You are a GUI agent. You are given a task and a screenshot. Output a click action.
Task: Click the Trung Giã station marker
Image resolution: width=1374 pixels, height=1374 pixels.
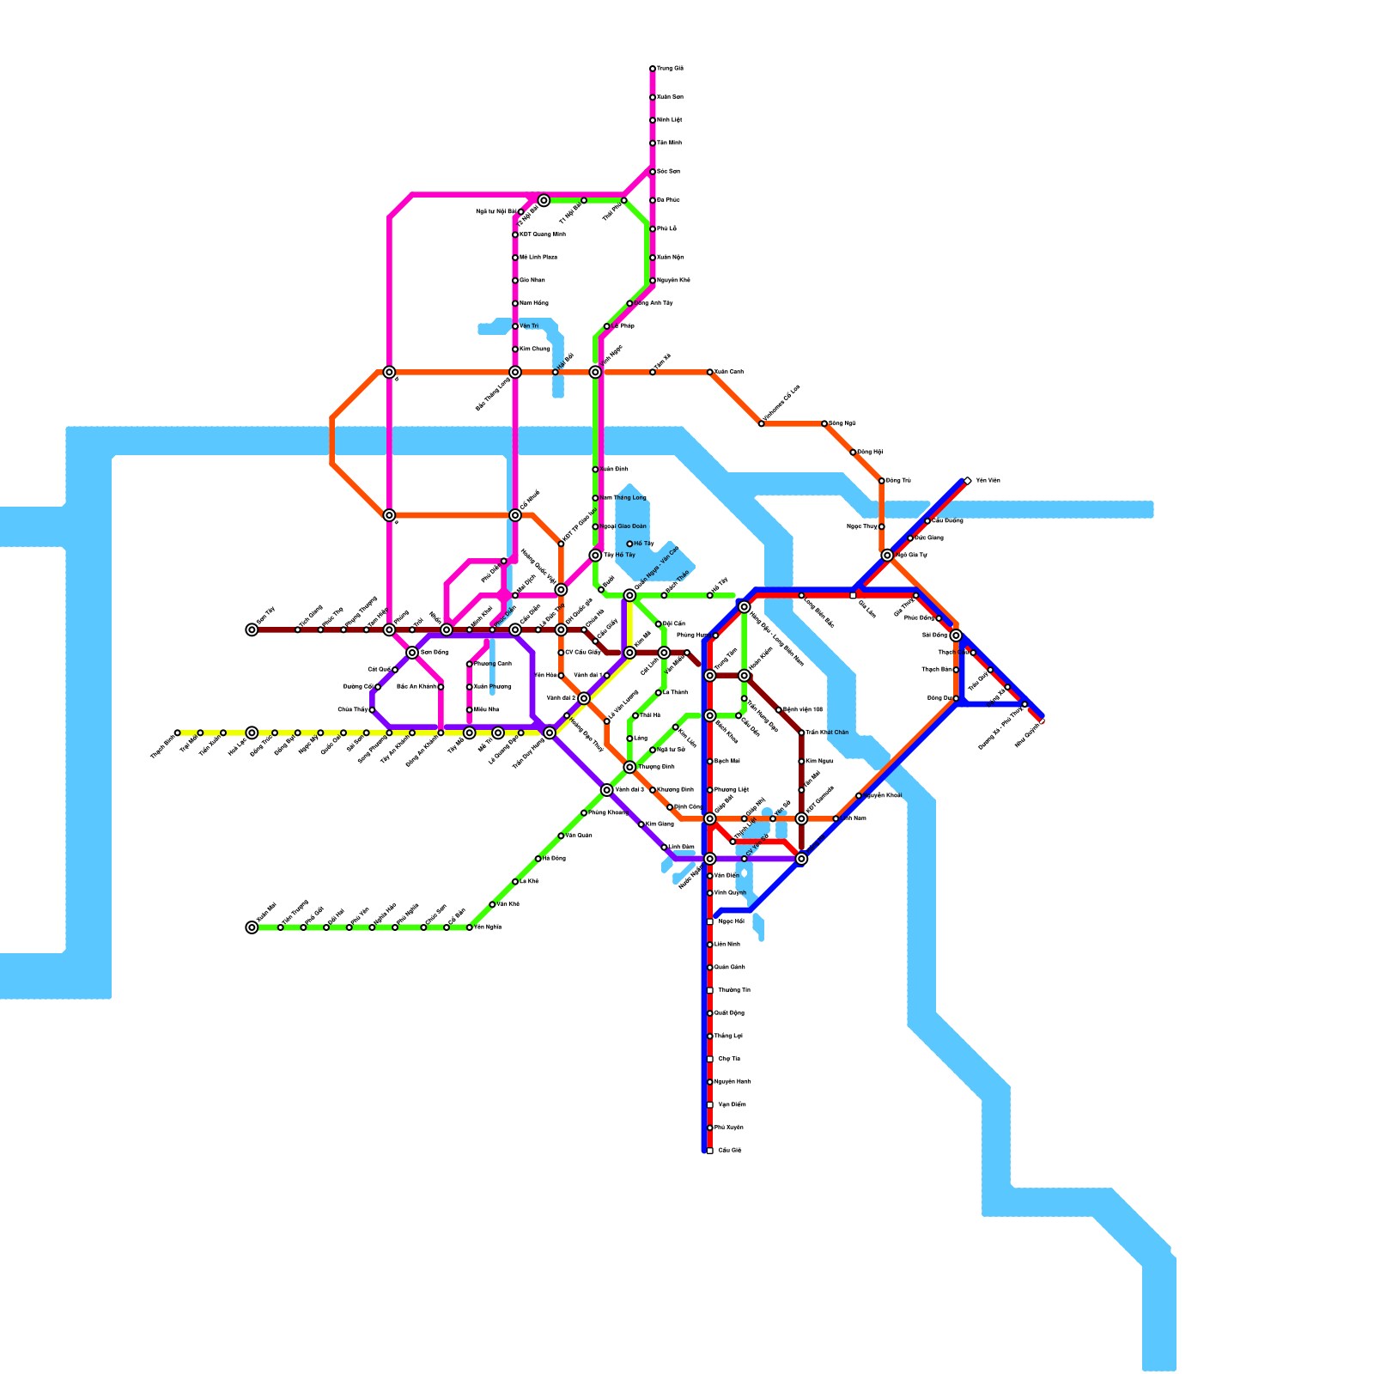click(653, 69)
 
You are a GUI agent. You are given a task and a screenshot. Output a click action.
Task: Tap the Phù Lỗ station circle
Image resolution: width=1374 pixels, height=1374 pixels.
click(653, 229)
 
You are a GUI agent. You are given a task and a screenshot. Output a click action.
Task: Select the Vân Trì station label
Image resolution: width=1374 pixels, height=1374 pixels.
click(529, 326)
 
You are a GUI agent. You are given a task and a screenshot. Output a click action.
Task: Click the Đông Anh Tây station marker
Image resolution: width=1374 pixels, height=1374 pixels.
click(629, 303)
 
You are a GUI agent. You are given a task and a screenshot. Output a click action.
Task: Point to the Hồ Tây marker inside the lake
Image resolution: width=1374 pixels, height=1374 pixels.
click(629, 544)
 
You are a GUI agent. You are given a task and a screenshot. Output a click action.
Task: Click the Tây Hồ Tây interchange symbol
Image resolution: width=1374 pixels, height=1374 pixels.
click(595, 556)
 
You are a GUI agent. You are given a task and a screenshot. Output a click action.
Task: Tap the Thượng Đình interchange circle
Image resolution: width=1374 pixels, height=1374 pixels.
click(629, 767)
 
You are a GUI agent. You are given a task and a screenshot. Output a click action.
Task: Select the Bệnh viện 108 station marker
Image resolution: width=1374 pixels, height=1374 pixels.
click(779, 710)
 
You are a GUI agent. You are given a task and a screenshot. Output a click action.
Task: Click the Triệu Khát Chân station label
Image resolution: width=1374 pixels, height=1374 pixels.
click(827, 733)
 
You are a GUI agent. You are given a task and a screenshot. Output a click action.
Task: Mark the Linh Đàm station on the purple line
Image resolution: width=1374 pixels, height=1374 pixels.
click(664, 848)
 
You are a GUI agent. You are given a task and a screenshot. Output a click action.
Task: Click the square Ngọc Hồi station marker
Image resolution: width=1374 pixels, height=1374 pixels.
click(710, 921)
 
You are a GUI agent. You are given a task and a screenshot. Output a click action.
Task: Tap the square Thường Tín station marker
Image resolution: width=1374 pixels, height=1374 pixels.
click(710, 990)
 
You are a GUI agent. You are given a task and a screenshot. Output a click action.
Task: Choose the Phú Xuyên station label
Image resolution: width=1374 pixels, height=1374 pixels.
click(729, 1128)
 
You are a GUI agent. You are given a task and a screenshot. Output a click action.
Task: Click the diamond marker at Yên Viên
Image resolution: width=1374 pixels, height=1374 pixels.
click(968, 481)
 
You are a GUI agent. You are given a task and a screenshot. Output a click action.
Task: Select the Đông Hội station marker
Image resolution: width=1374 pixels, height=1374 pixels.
click(853, 453)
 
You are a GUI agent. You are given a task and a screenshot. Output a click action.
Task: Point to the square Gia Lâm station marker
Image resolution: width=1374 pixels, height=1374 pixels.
click(853, 595)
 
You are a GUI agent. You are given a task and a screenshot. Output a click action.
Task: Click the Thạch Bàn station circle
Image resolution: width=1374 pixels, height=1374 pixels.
click(956, 670)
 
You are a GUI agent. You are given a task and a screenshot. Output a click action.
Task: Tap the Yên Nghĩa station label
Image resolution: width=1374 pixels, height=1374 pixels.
click(487, 927)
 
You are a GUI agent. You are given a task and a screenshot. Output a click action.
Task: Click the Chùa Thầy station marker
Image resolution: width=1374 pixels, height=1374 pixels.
click(372, 710)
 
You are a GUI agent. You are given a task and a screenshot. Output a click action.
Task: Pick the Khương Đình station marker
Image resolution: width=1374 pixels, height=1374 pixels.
click(653, 790)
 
